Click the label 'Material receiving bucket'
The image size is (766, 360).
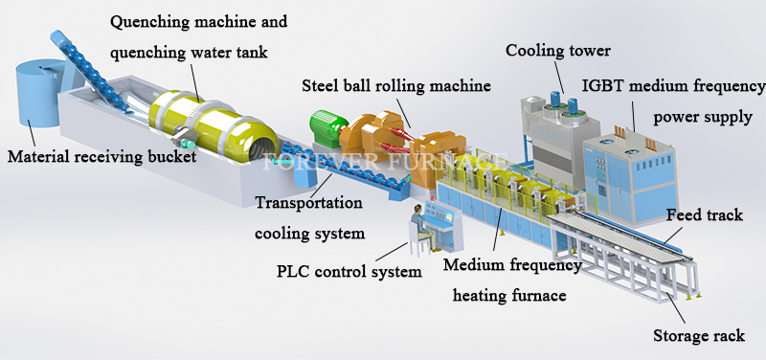coord(101,156)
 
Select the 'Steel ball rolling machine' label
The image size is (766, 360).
coord(396,85)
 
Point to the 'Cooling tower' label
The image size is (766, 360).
coord(558,50)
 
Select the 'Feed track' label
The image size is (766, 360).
coord(704,215)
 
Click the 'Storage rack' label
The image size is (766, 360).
coord(698,336)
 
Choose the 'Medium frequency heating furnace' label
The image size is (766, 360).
coord(512,278)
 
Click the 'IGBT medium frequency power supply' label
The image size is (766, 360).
coord(670,102)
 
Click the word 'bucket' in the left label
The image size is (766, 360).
coord(169,156)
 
